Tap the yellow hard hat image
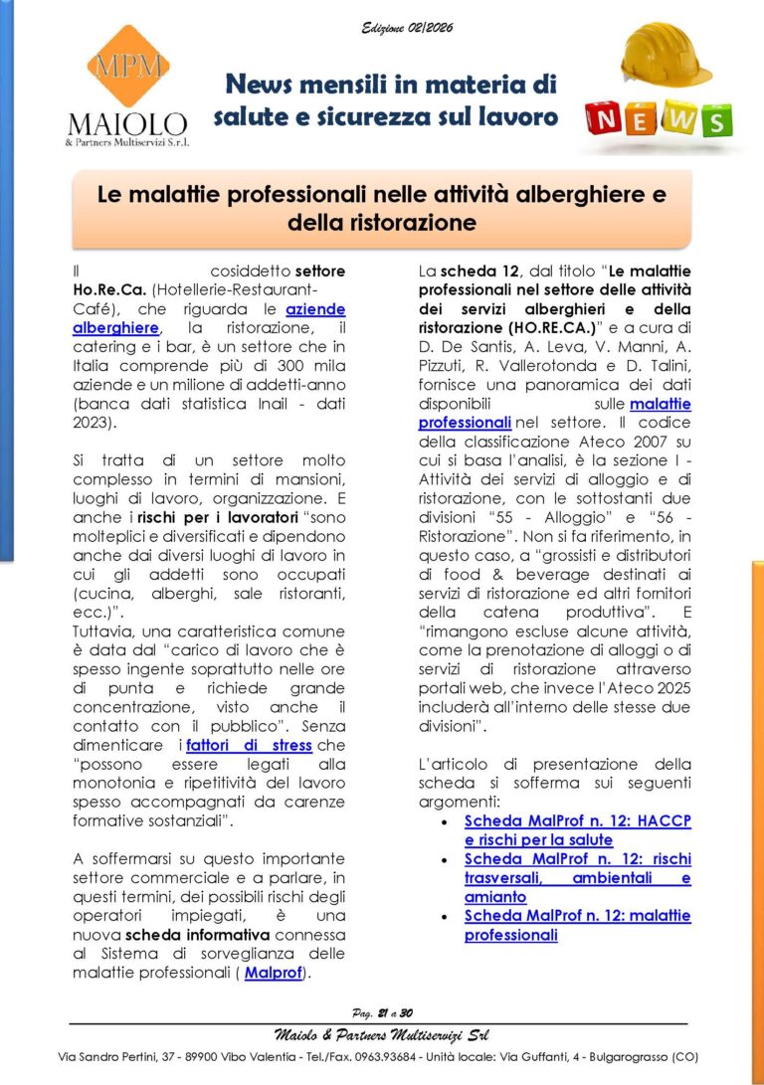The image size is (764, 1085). tap(666, 56)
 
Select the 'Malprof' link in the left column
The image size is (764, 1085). tap(273, 973)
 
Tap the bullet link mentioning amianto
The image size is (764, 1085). tap(577, 878)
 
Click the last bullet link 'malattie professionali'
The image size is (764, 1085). tap(577, 926)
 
